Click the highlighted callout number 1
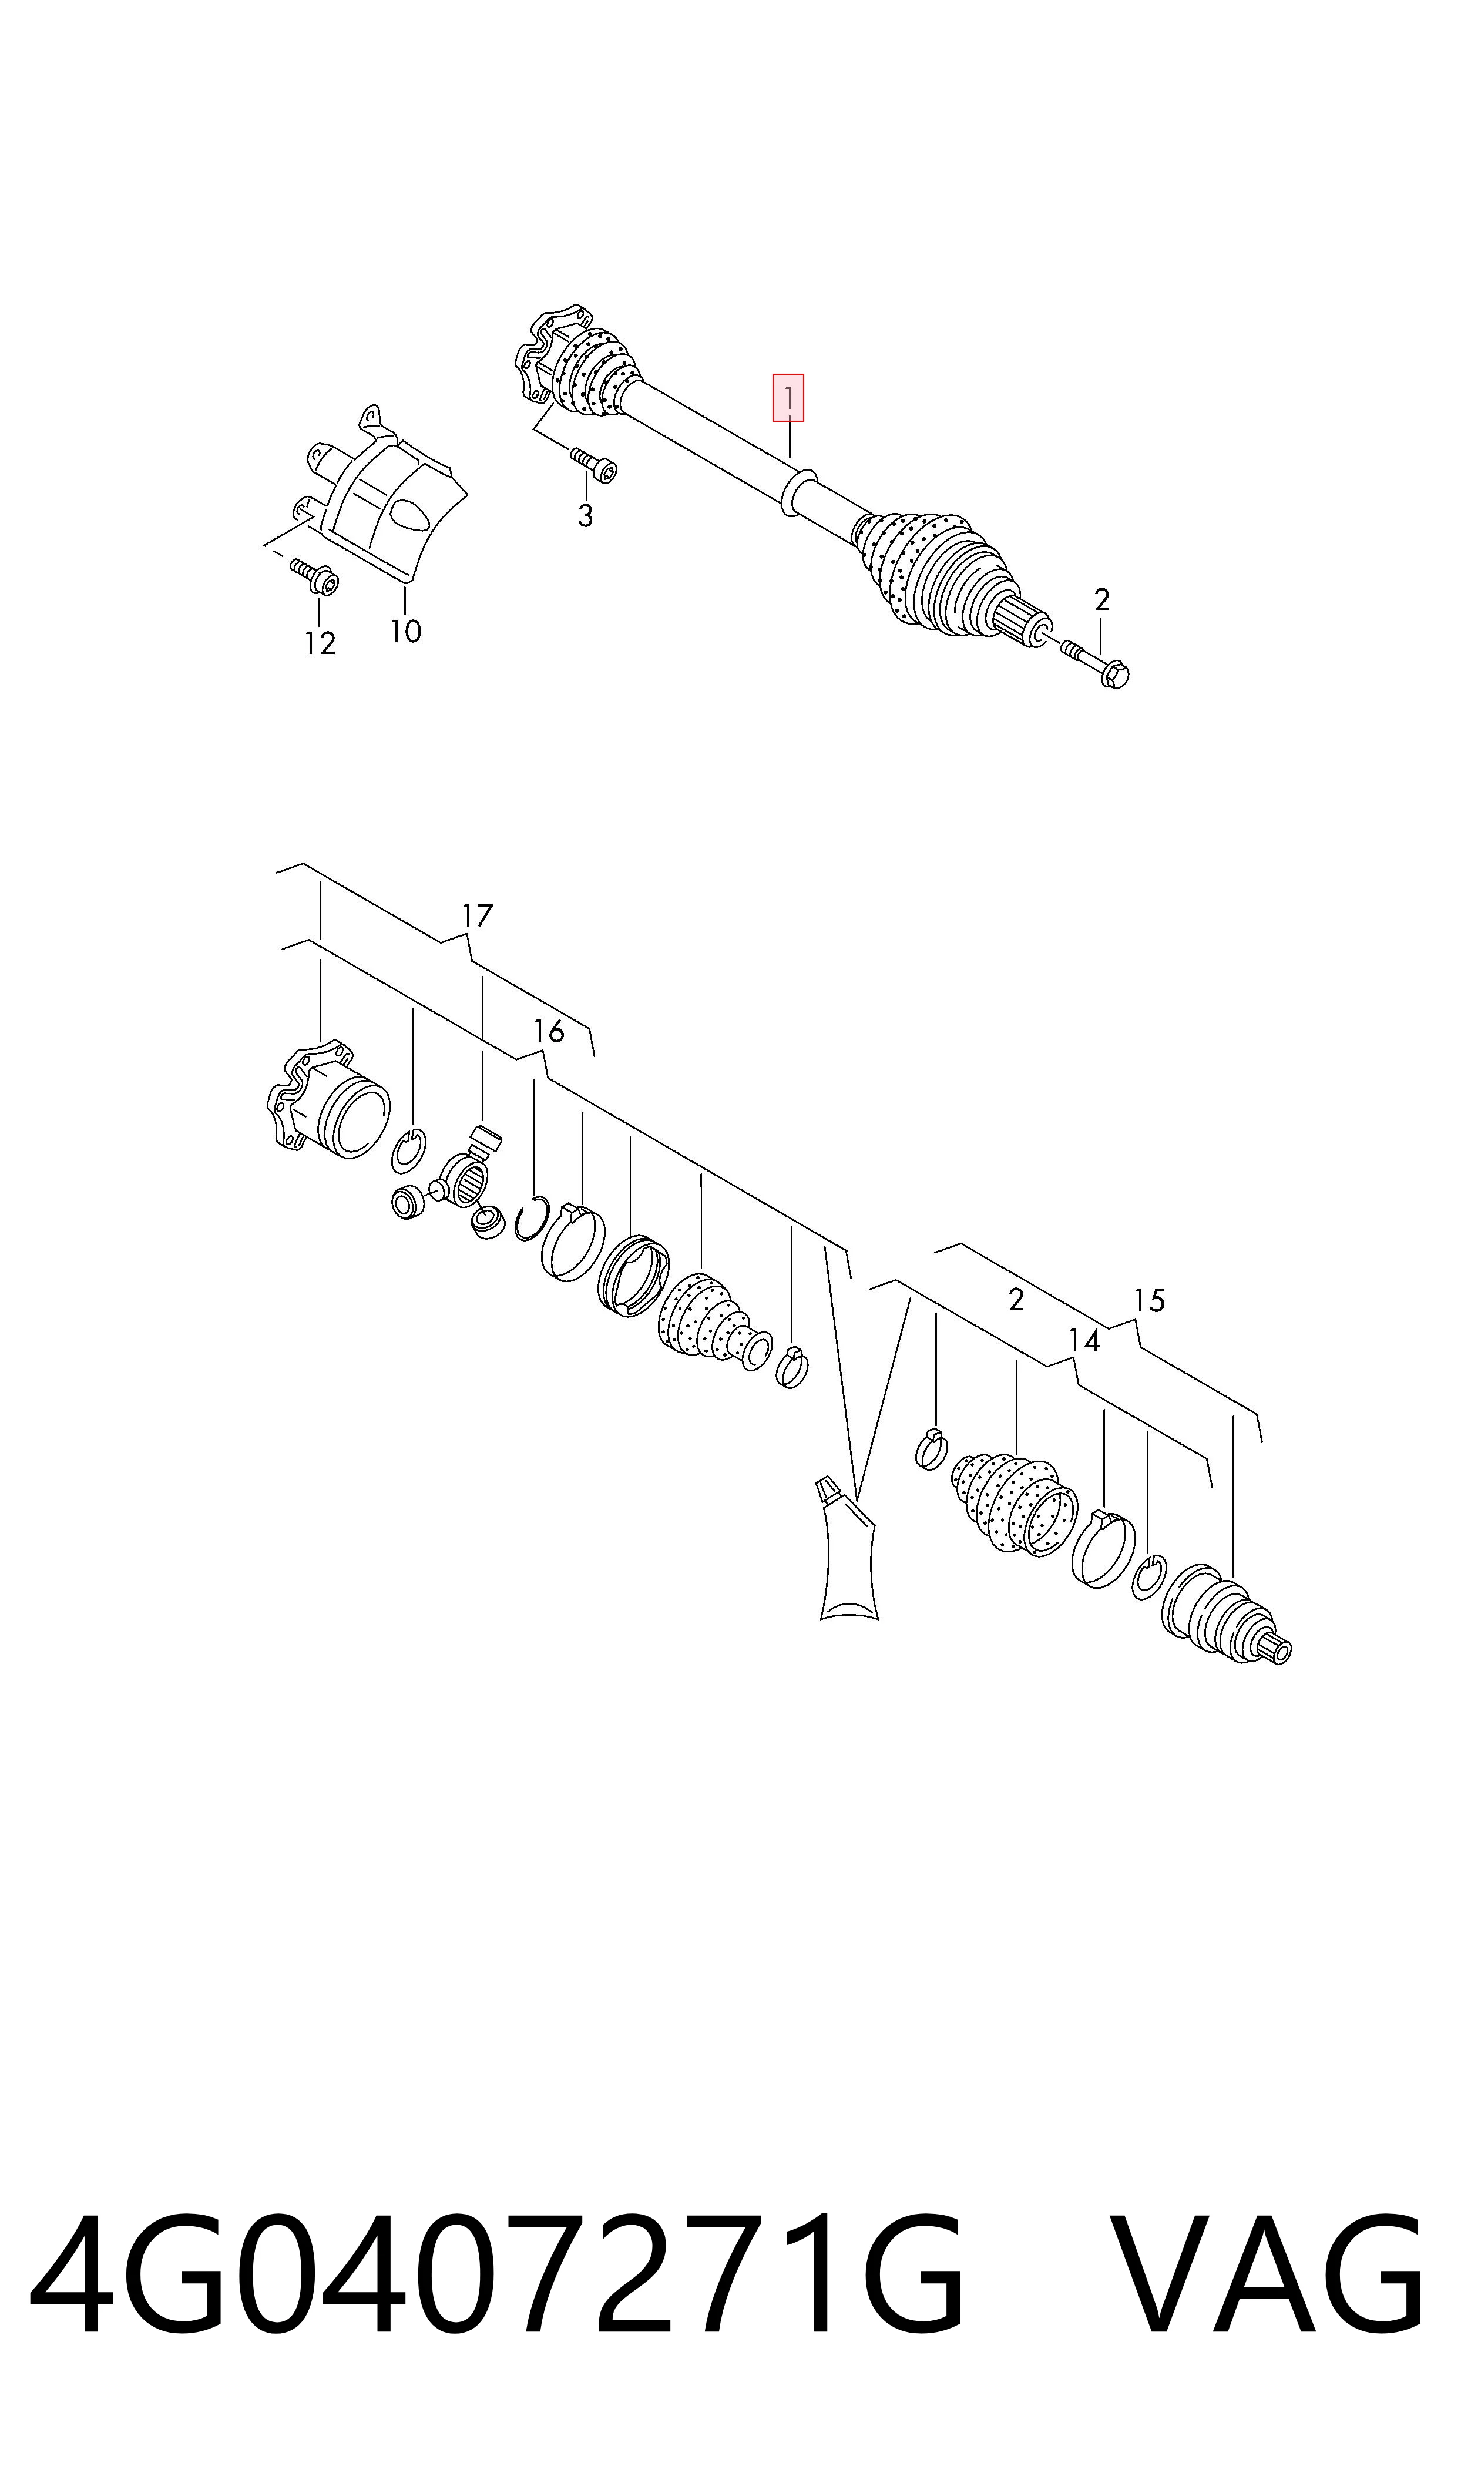[788, 398]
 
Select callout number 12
[320, 643]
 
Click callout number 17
[476, 915]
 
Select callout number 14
[1084, 1340]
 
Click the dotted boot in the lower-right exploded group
[1014, 1501]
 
